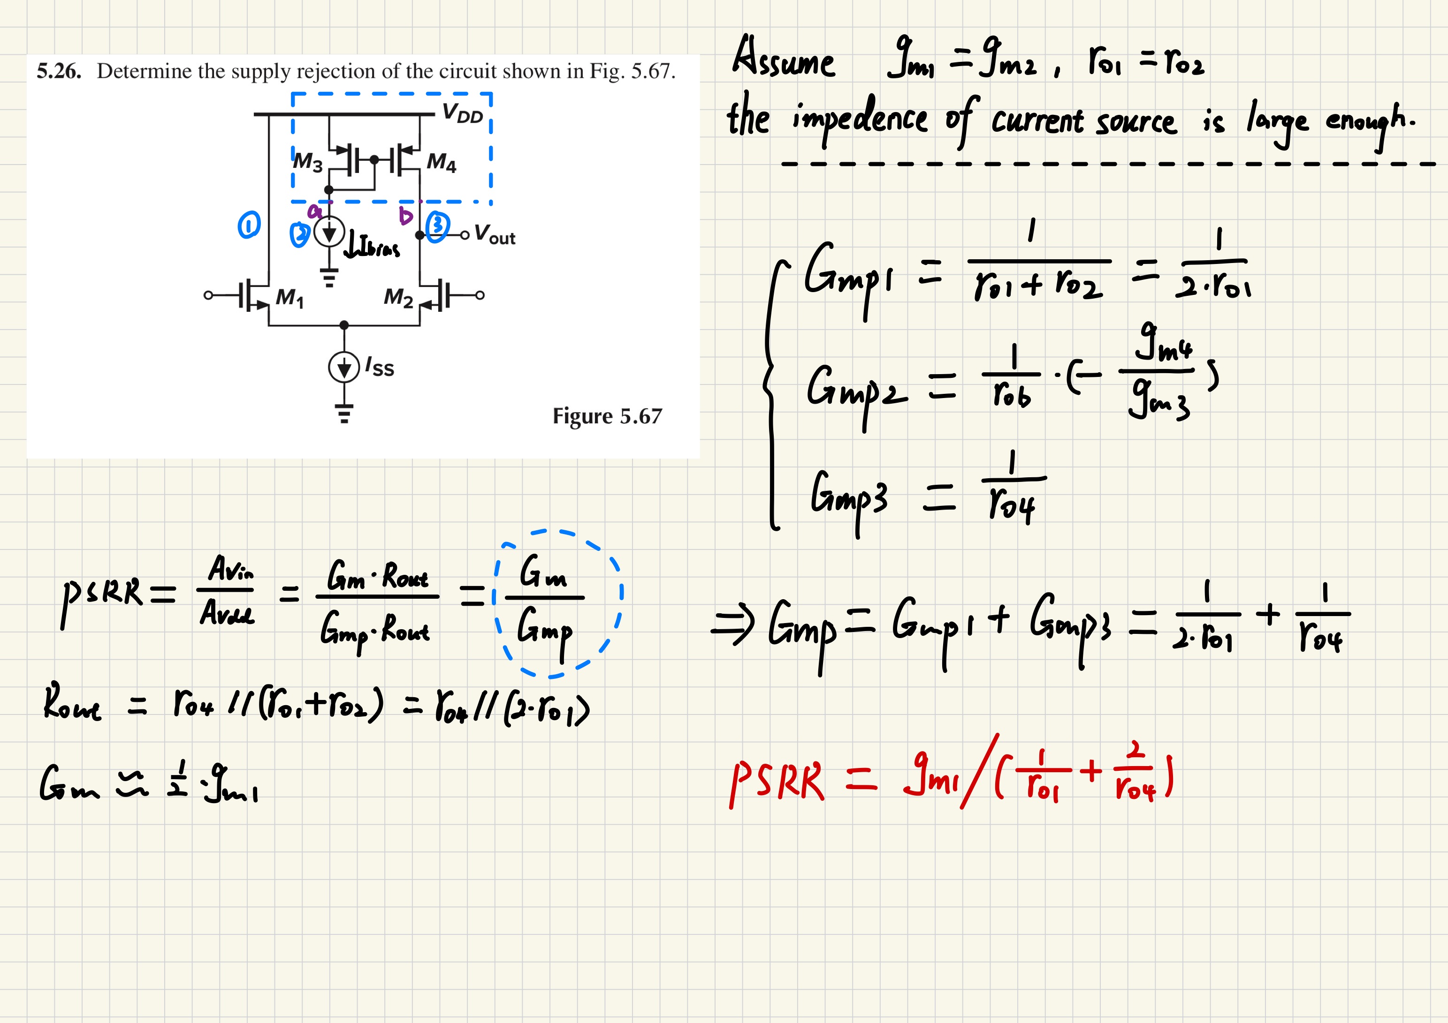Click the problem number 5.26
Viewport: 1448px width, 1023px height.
click(59, 71)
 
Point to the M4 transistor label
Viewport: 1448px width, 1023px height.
click(442, 163)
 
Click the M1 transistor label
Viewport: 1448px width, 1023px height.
click(290, 297)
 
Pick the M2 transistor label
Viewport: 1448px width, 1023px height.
click(398, 296)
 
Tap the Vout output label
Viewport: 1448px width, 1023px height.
click(495, 234)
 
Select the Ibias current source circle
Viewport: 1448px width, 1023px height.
click(329, 233)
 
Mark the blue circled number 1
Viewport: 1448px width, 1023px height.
click(249, 225)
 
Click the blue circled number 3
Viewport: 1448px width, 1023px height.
click(437, 226)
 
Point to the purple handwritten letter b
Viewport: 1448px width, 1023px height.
click(405, 216)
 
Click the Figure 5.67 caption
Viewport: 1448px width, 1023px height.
click(607, 416)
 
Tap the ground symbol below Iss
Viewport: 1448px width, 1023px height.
click(344, 414)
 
